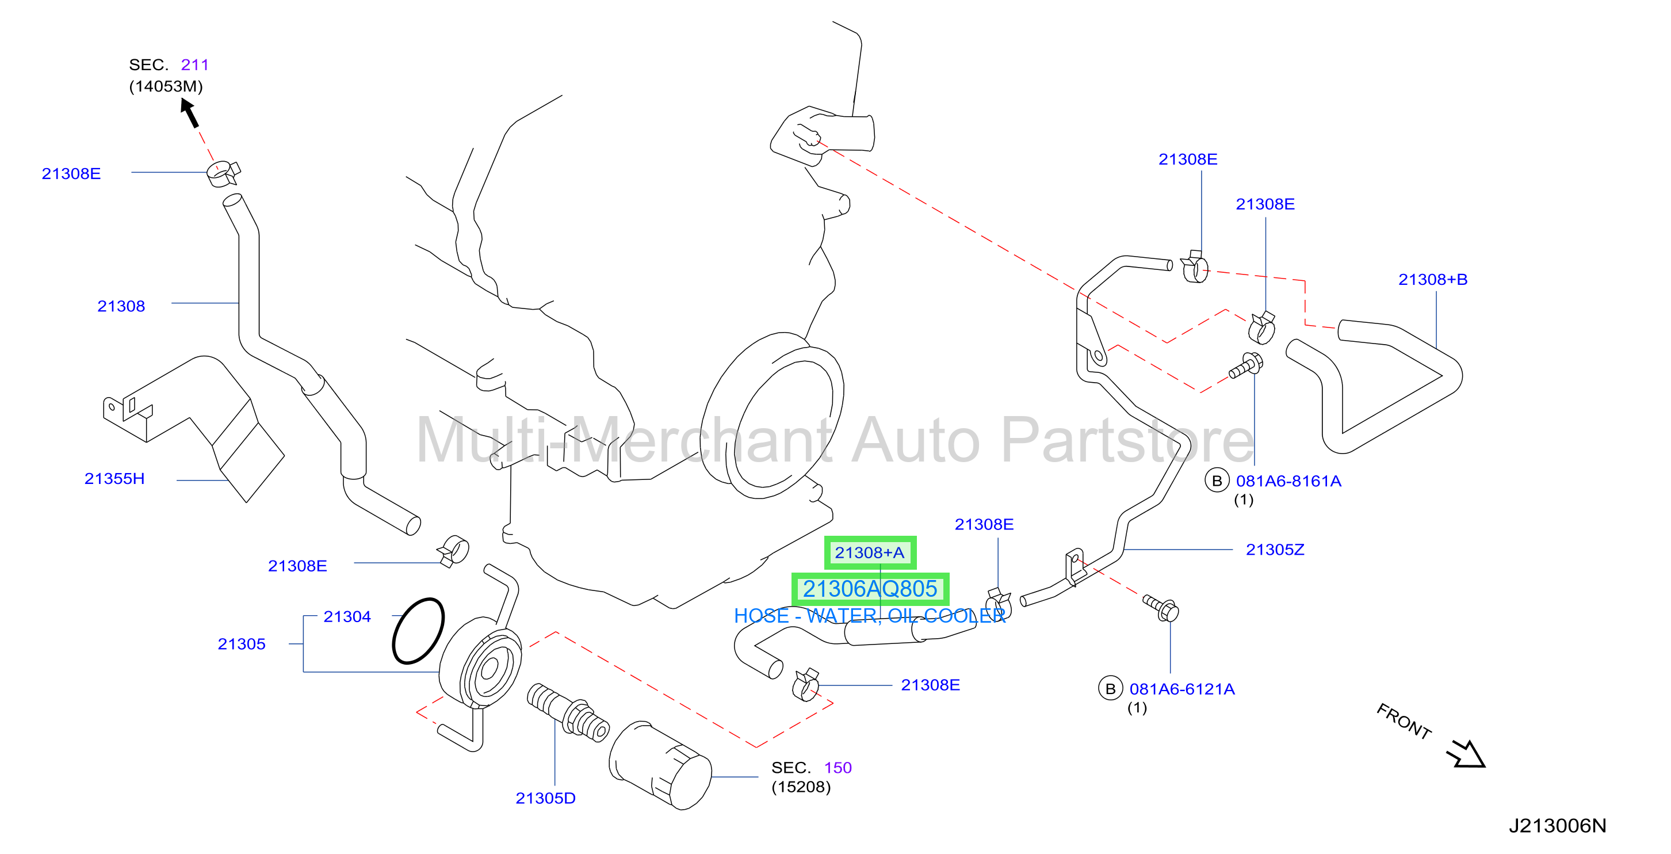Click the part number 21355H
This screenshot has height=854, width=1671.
pyautogui.click(x=114, y=479)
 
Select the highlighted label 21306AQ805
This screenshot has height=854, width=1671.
pyautogui.click(x=870, y=589)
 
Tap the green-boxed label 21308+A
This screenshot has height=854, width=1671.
pyautogui.click(x=870, y=552)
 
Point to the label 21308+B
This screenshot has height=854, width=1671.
pyautogui.click(x=1433, y=280)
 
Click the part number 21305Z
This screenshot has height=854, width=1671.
pyautogui.click(x=1275, y=550)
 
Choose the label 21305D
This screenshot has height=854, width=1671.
pyautogui.click(x=545, y=798)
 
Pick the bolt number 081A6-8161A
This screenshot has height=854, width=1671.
pyautogui.click(x=1288, y=481)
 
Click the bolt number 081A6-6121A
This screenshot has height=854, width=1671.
pyautogui.click(x=1182, y=689)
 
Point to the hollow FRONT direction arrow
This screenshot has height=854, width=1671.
pyautogui.click(x=1467, y=754)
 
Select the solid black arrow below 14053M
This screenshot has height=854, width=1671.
pyautogui.click(x=189, y=113)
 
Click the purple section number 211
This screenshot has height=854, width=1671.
pyautogui.click(x=194, y=65)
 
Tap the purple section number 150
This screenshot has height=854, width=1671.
pyautogui.click(x=838, y=768)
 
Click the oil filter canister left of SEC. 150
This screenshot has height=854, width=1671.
pyautogui.click(x=660, y=766)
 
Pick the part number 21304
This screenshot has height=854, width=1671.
pyautogui.click(x=347, y=616)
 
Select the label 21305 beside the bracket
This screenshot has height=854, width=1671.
pyautogui.click(x=242, y=644)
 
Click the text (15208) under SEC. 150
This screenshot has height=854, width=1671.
pyautogui.click(x=801, y=787)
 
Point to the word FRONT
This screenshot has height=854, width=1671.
pyautogui.click(x=1404, y=721)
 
